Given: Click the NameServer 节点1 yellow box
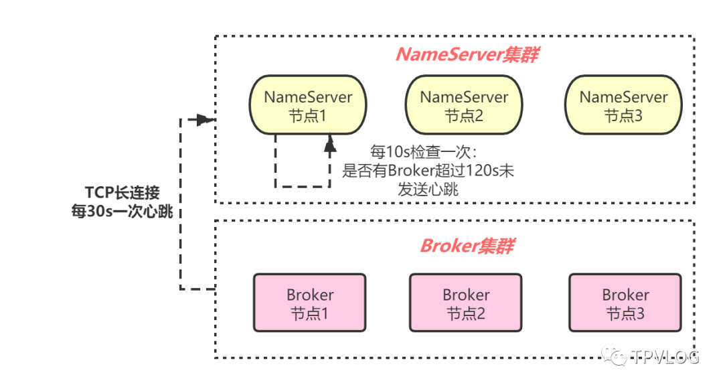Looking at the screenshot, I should [x=308, y=106].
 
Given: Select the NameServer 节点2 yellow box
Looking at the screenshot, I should [x=464, y=106].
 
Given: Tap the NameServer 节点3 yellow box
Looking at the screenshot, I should [x=623, y=106].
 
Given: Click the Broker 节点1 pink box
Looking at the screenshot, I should [x=310, y=303].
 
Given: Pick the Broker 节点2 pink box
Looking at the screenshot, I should [x=466, y=303].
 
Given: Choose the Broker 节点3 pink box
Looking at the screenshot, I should [x=625, y=303].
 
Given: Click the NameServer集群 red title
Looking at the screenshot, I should [x=467, y=55].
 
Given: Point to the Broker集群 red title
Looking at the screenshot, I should [x=467, y=246].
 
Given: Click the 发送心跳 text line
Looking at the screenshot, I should [x=428, y=189].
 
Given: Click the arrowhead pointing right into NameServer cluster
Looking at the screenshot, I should [x=207, y=121].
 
